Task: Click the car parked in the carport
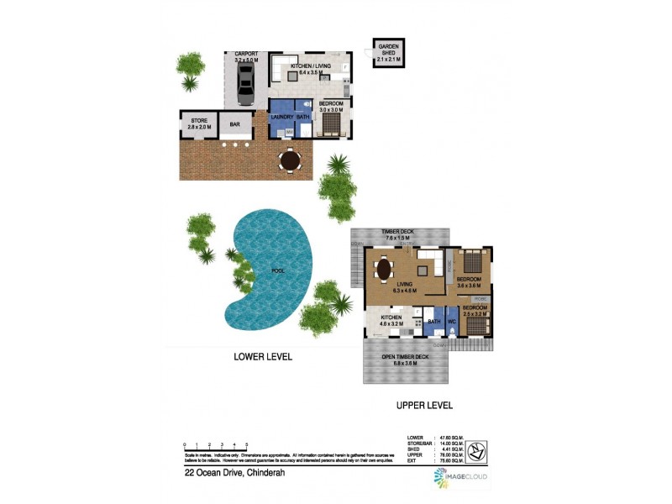[244, 81]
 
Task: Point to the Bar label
[234, 125]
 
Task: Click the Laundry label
[281, 117]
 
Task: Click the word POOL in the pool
[277, 271]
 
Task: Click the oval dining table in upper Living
[384, 270]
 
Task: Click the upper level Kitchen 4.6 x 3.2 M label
[391, 320]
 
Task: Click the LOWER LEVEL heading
[263, 356]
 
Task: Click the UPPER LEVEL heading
[424, 405]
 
